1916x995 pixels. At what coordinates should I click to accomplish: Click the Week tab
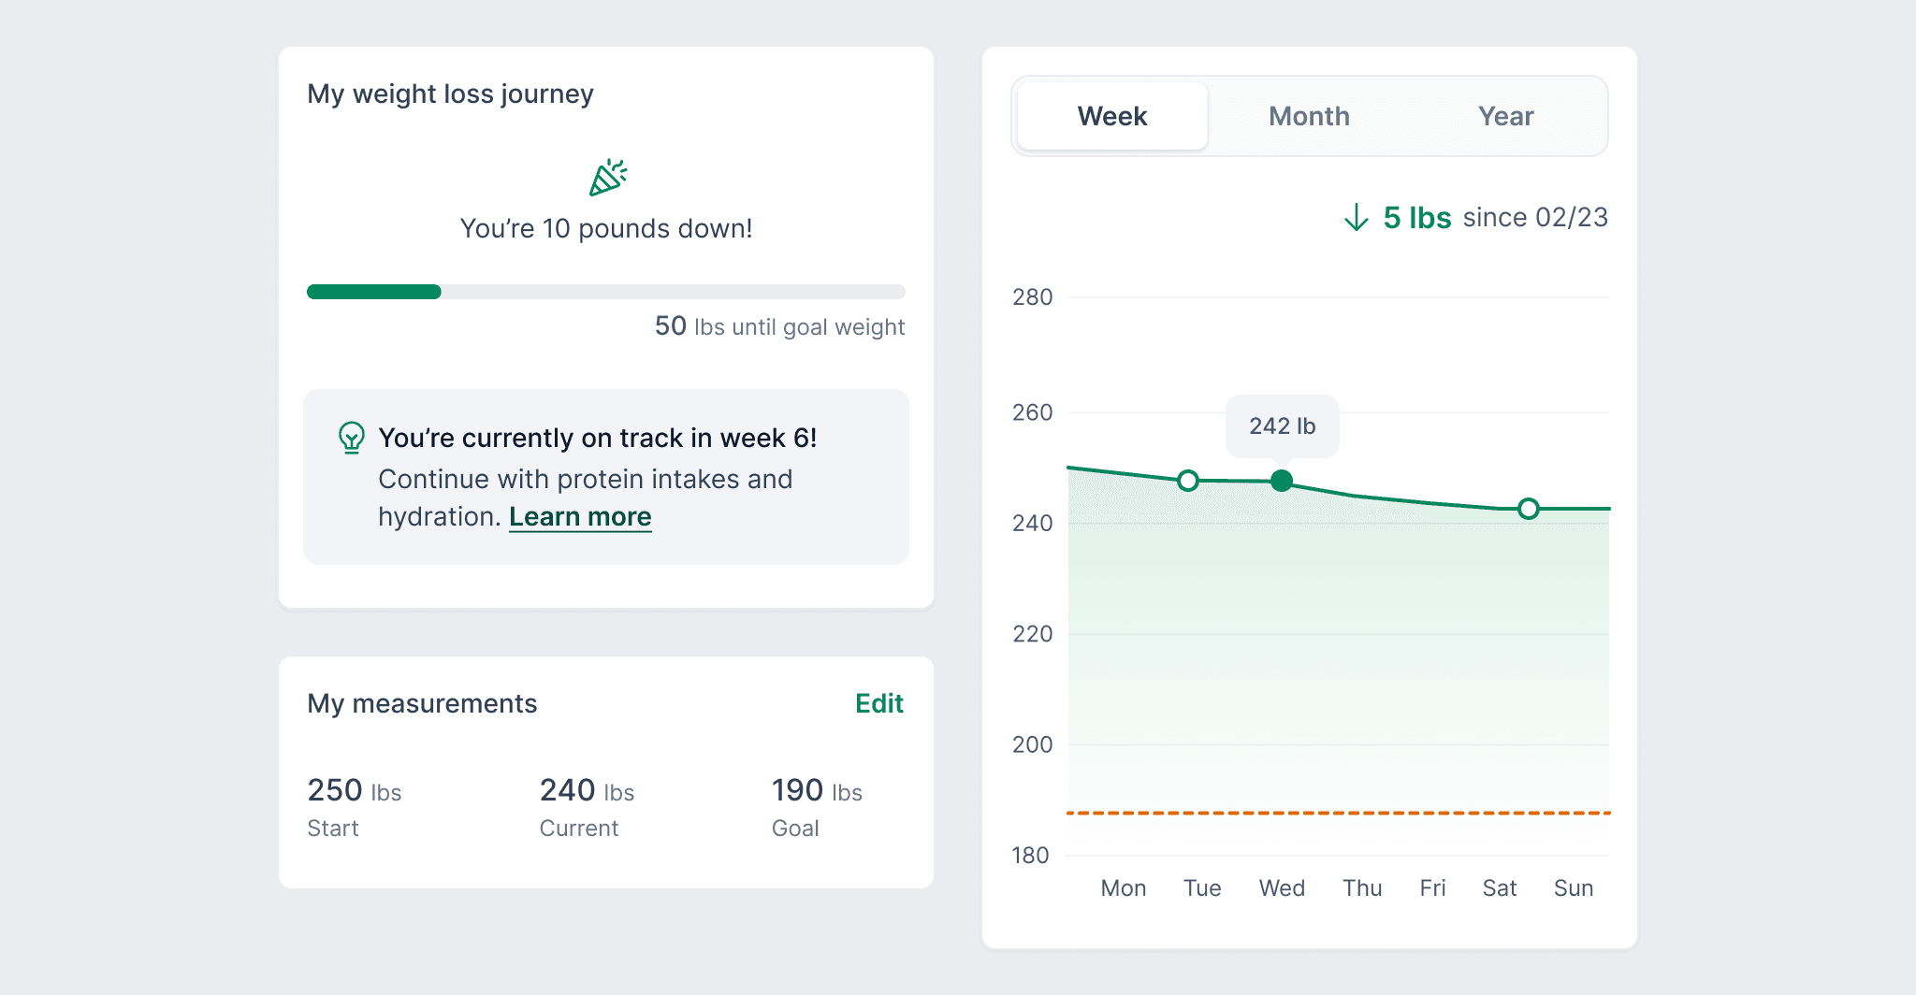pos(1112,116)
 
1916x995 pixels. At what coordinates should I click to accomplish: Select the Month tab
pos(1309,116)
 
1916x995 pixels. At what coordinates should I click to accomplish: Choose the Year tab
pos(1505,116)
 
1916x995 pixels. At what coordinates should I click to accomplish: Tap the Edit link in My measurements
pos(879,703)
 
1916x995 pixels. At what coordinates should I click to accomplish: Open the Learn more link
pos(580,516)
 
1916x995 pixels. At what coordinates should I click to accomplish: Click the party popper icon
pos(607,178)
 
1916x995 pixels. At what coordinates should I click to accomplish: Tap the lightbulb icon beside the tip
pos(352,437)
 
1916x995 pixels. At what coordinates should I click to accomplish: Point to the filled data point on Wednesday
pos(1282,481)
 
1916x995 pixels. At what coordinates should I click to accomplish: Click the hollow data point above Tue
pos(1188,481)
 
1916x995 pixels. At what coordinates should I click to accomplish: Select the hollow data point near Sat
pos(1529,509)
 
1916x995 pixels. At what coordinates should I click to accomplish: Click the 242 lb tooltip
pos(1282,426)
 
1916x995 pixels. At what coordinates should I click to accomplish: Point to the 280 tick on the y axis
pos(1032,297)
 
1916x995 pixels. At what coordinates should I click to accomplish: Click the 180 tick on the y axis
pos(1030,856)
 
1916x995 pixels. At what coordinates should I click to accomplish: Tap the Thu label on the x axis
pos(1362,888)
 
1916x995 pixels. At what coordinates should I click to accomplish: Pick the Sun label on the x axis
pos(1574,888)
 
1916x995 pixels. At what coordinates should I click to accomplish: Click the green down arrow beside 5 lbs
pos(1357,218)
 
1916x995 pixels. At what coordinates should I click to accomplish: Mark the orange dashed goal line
pos(1338,814)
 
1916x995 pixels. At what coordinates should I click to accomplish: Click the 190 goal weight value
pos(798,790)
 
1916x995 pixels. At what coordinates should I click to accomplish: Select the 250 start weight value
pos(335,790)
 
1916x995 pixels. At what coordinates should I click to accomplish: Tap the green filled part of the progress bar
pos(374,292)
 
